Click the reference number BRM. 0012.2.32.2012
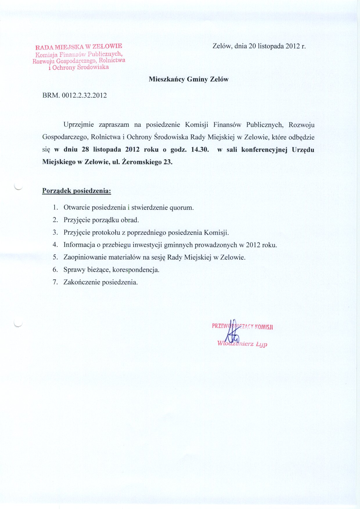[75, 95]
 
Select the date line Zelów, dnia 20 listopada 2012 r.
[259, 46]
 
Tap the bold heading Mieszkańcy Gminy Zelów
[189, 79]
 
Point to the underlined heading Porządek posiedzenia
[77, 191]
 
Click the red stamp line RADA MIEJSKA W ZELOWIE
[79, 46]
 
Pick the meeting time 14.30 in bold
[200, 150]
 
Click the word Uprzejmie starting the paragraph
[79, 125]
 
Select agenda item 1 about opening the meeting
[128, 208]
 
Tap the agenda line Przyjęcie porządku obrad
[101, 220]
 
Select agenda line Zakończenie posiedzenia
[100, 282]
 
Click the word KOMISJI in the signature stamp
[264, 327]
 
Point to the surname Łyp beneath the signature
[261, 344]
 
